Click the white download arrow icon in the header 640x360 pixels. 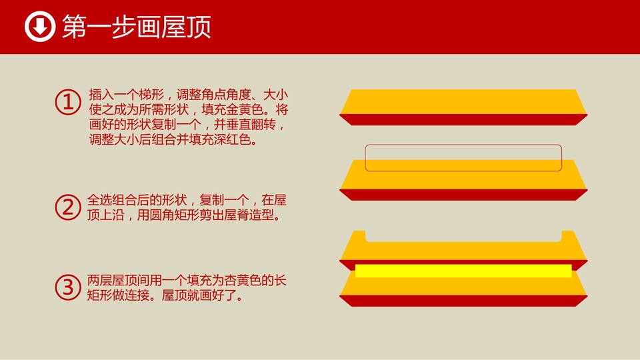(39, 27)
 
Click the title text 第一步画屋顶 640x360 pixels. (136, 27)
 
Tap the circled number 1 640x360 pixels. (68, 102)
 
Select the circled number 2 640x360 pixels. (68, 207)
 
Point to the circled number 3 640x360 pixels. (68, 287)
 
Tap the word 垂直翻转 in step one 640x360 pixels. (251, 125)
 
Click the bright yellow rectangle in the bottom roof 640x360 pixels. (463, 271)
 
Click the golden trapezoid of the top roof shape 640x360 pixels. (463, 101)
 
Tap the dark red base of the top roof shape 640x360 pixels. (463, 119)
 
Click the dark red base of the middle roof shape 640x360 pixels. (463, 195)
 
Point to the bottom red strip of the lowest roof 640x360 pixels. (463, 301)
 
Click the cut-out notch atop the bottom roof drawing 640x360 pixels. (463, 236)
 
